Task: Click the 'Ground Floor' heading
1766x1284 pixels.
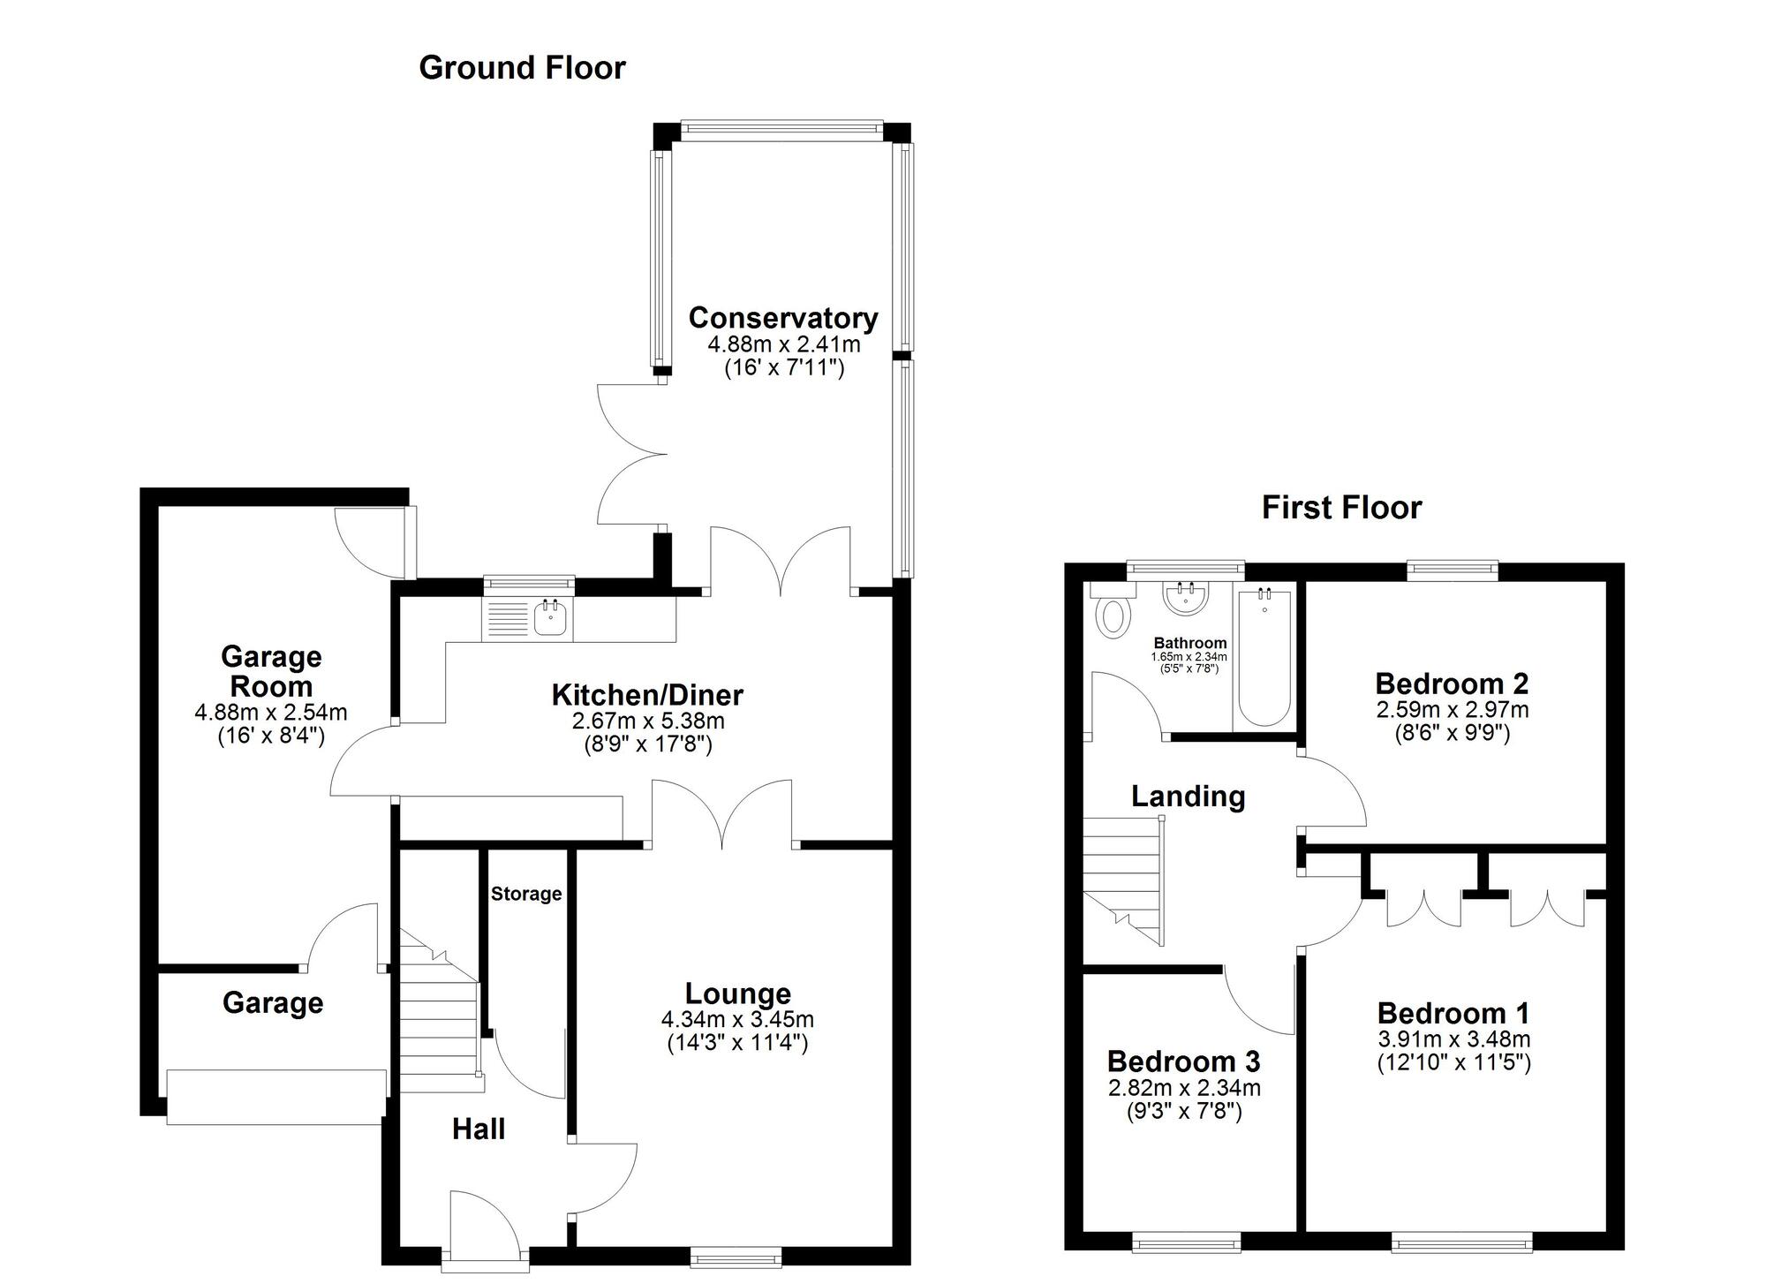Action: click(x=522, y=68)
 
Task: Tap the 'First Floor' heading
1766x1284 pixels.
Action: click(x=1341, y=508)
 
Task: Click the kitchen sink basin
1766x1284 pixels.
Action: click(x=550, y=617)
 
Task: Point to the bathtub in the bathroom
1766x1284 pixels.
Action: click(x=1264, y=658)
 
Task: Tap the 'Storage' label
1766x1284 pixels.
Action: click(x=526, y=894)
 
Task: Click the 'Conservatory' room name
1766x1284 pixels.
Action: click(x=783, y=318)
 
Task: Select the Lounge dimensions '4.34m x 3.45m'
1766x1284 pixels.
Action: click(x=737, y=1019)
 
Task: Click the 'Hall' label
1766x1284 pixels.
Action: click(x=479, y=1129)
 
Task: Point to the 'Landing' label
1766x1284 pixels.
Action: click(x=1188, y=797)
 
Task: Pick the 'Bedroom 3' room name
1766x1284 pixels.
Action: click(x=1183, y=1061)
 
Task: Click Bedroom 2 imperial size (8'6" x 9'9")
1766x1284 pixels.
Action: click(x=1453, y=733)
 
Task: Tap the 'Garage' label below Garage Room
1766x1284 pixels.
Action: click(x=273, y=1003)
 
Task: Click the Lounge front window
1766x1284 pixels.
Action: click(x=736, y=1257)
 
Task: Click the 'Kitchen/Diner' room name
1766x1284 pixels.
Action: click(x=647, y=695)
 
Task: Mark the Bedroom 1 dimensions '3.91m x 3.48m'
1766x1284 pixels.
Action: click(x=1453, y=1039)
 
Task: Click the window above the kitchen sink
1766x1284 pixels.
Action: click(x=529, y=582)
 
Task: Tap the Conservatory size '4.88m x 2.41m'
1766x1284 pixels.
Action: click(x=783, y=344)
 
